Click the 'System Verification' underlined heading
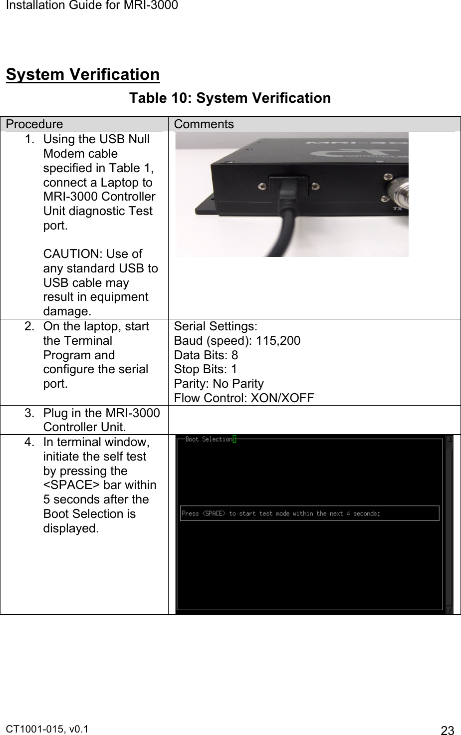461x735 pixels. tap(83, 75)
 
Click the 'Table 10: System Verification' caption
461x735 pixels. tap(230, 98)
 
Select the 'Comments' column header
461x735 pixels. tap(204, 124)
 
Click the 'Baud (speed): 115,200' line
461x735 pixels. tap(237, 341)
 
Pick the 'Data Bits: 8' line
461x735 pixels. tap(206, 355)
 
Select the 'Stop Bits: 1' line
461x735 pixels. tap(206, 369)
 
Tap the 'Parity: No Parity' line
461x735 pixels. tap(219, 384)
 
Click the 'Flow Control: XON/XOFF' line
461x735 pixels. tap(244, 398)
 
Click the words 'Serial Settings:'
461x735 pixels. tap(216, 327)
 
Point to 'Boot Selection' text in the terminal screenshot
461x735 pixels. tap(209, 440)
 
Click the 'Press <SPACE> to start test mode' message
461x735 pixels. tap(280, 513)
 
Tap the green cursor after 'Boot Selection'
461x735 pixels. tap(234, 439)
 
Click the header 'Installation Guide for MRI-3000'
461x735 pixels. tap(89, 5)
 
